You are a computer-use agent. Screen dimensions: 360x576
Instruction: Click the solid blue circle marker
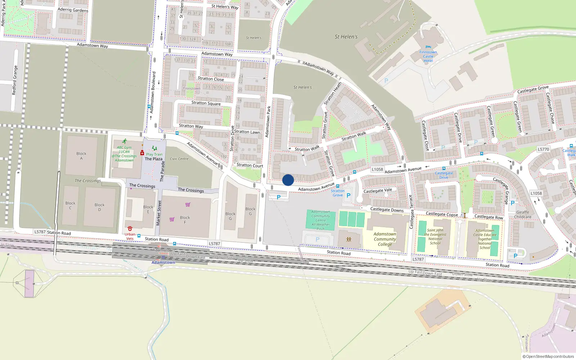point(288,180)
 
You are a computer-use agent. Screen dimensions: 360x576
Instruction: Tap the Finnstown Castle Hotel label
point(428,57)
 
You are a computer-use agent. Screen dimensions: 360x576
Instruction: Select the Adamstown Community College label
point(385,239)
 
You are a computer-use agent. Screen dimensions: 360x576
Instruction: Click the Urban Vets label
point(130,236)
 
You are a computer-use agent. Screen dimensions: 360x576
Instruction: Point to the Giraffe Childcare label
point(523,215)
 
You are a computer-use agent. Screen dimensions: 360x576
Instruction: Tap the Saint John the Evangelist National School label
point(435,237)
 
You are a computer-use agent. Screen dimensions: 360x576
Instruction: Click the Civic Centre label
point(179,159)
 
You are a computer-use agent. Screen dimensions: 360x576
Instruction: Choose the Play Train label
point(154,154)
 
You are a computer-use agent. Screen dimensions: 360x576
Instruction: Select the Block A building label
point(81,156)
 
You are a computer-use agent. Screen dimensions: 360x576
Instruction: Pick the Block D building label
point(99,207)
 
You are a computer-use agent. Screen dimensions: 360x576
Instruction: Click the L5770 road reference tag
point(543,149)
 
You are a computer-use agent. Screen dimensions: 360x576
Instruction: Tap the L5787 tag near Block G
point(215,244)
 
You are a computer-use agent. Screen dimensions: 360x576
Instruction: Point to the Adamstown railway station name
point(163,262)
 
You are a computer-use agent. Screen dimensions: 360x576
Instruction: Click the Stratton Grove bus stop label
point(338,193)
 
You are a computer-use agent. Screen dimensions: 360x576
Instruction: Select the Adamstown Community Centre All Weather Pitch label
point(321,220)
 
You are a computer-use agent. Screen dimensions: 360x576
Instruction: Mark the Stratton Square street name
point(206,103)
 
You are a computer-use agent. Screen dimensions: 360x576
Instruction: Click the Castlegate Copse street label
point(442,214)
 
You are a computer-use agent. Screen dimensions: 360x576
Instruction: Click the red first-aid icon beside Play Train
point(142,153)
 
